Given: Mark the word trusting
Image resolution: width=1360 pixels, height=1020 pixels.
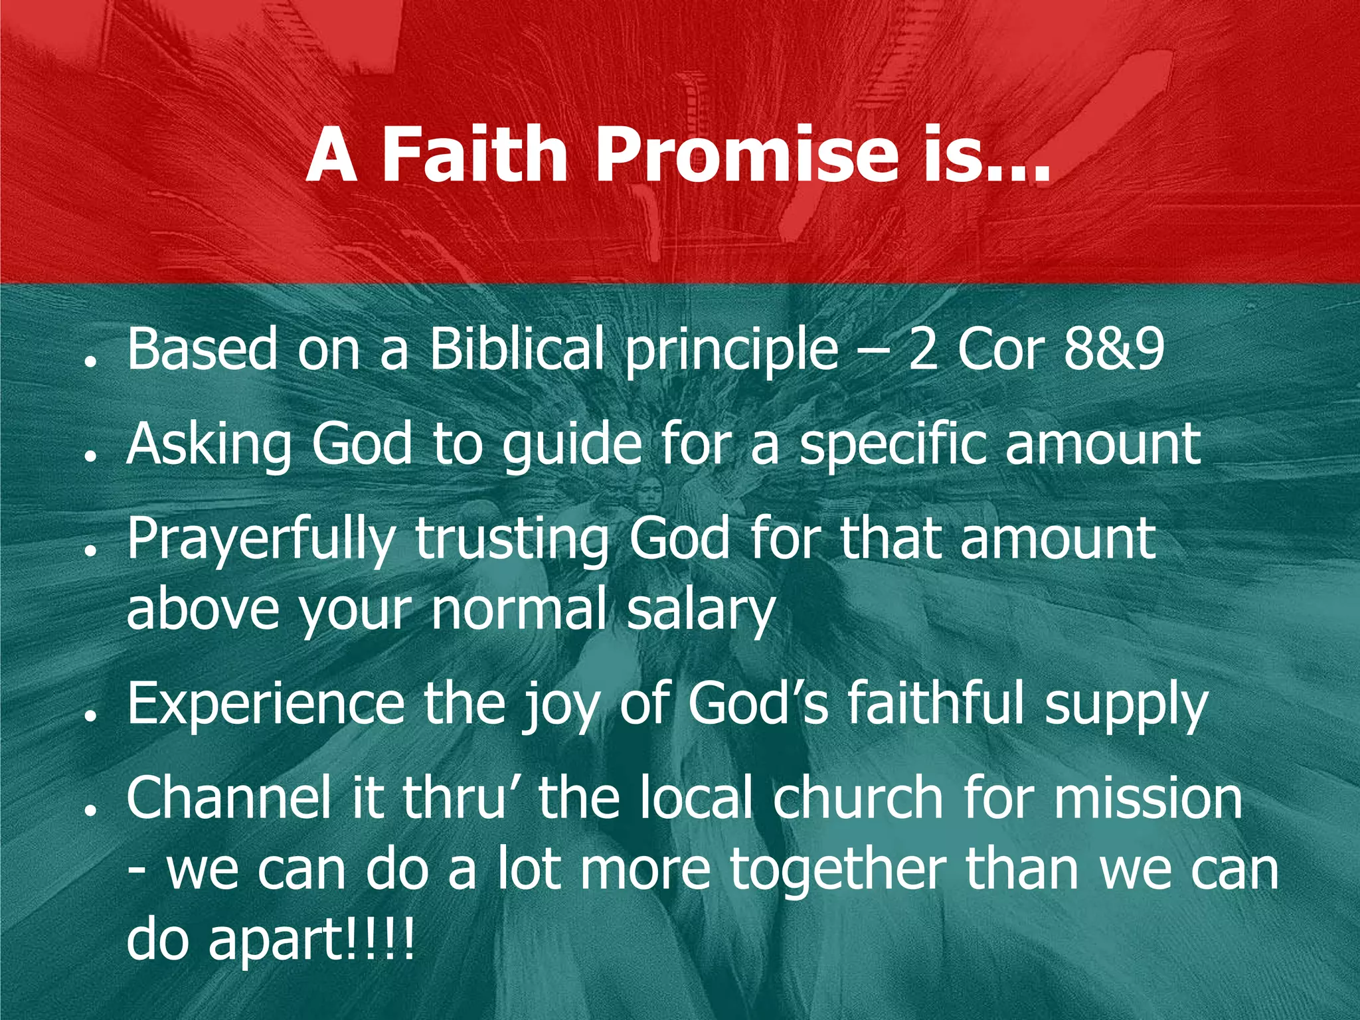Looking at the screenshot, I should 511,541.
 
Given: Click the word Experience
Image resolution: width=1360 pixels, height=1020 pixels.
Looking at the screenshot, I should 266,704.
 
